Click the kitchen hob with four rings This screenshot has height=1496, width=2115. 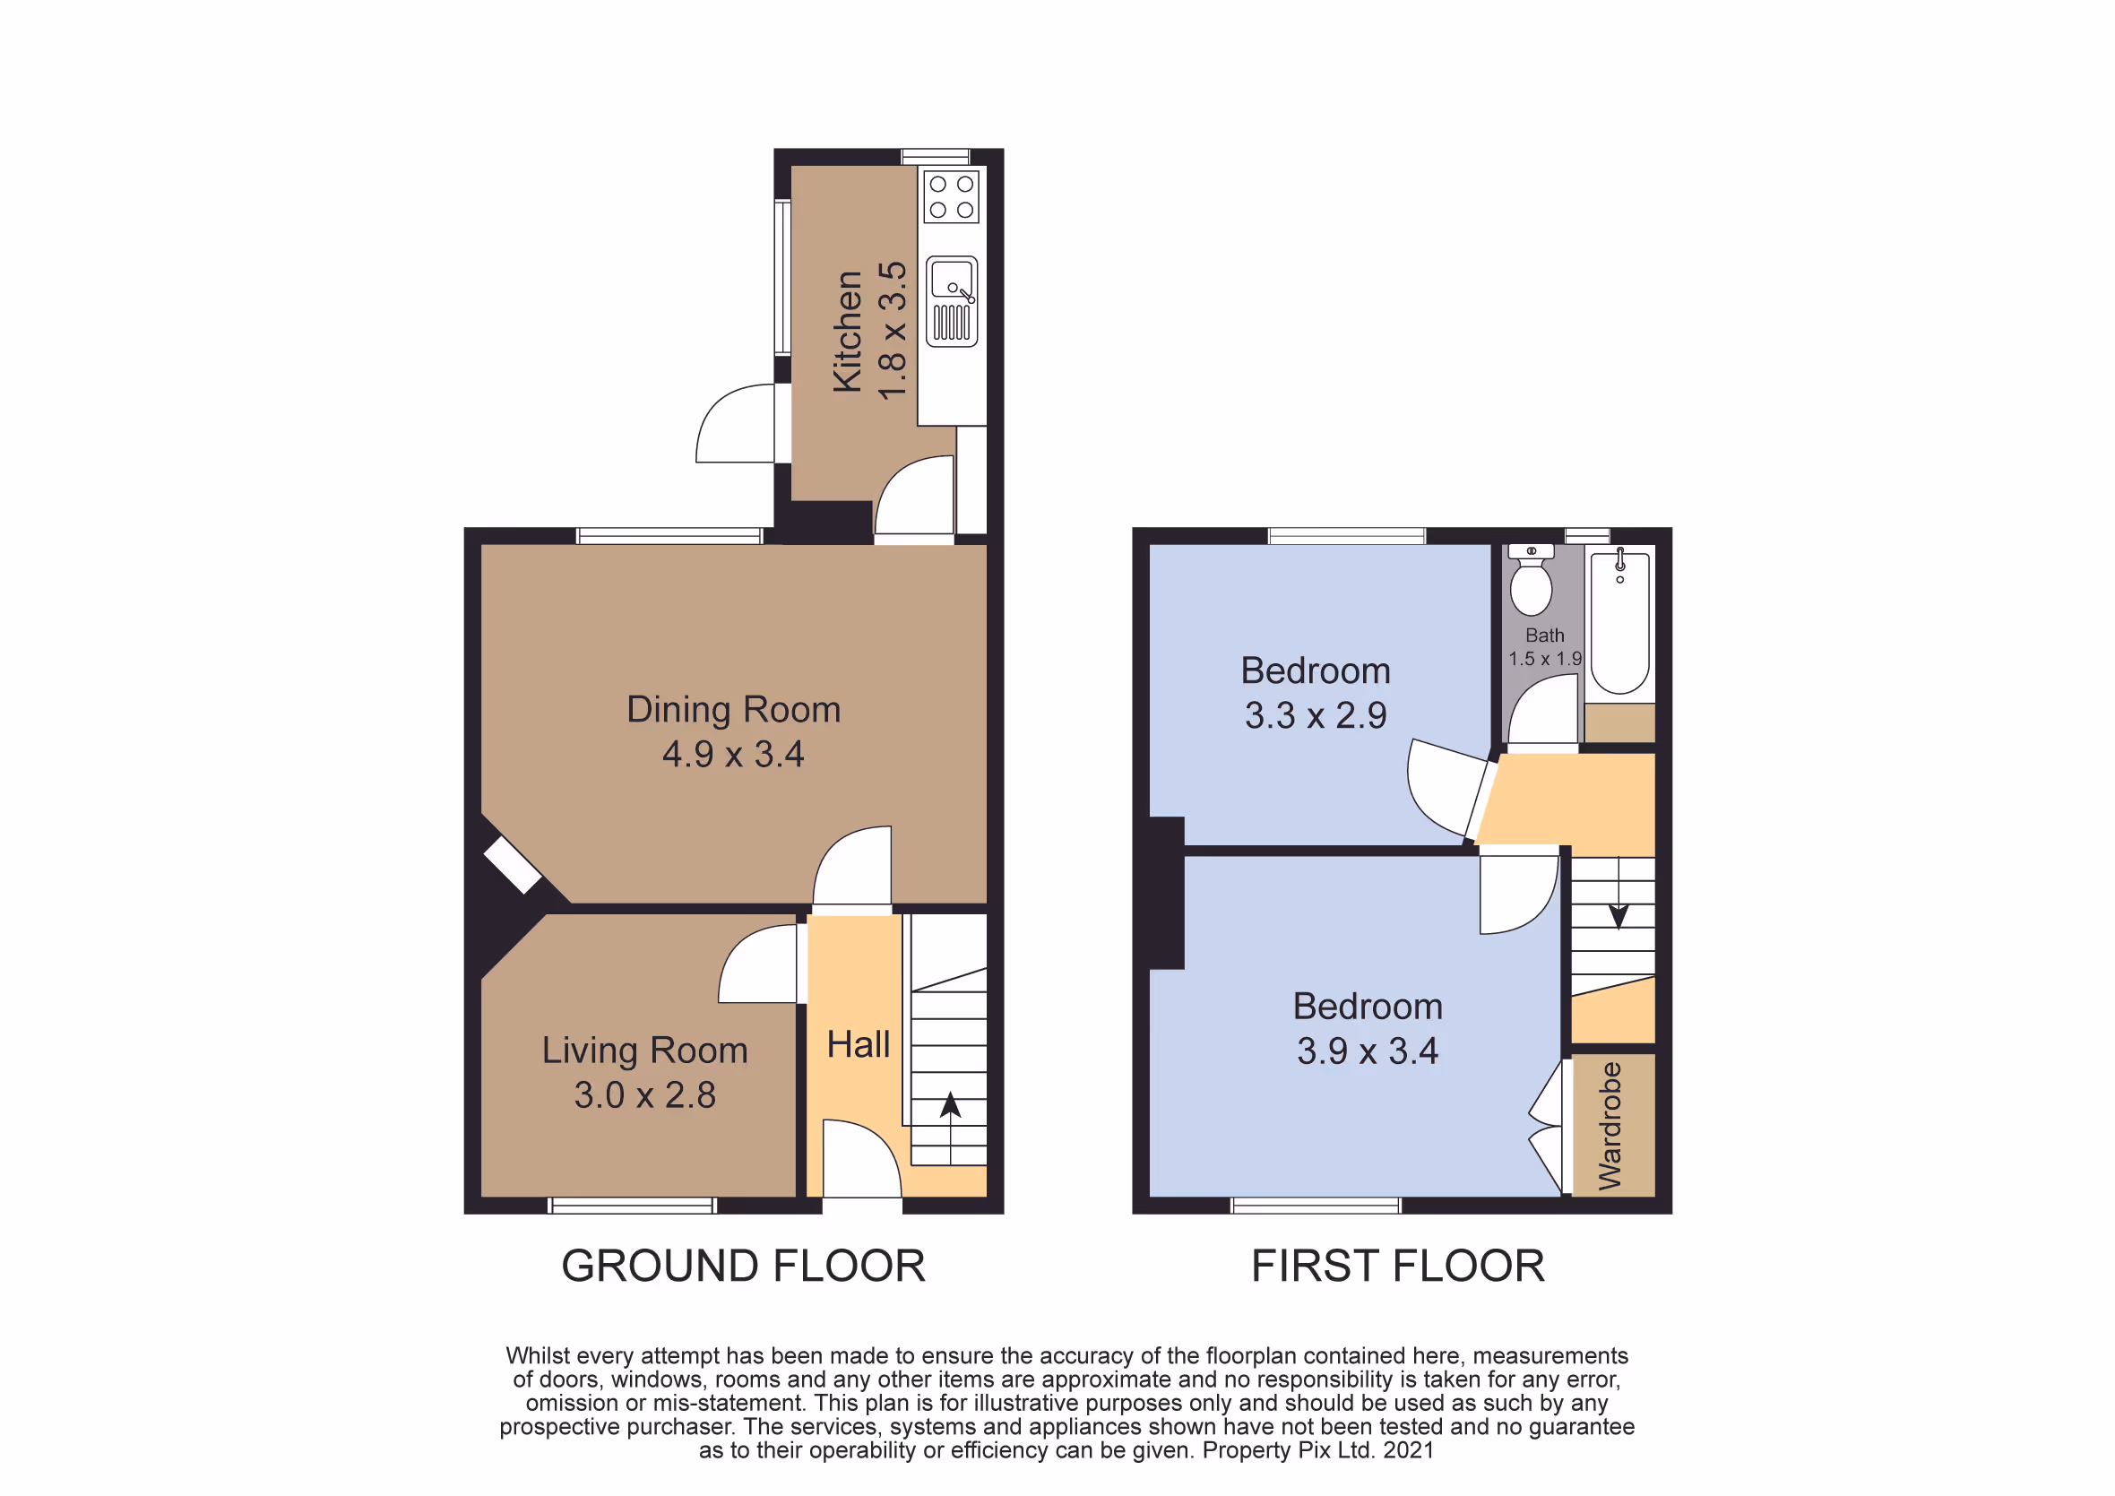952,197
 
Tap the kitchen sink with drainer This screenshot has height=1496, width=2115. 952,301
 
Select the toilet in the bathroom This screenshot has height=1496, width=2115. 1531,579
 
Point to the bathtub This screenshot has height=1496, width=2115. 1620,624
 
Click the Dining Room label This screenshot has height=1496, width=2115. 733,709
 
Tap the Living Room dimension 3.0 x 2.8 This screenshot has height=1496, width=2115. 645,1095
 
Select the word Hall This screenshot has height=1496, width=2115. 859,1044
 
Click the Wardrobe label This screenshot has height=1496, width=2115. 1610,1126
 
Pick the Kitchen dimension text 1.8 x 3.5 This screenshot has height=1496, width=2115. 893,331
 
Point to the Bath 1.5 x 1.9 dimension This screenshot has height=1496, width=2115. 1545,659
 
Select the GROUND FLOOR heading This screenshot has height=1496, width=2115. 743,1266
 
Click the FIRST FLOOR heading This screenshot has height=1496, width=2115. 1397,1266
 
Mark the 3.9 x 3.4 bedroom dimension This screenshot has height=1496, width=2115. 1368,1051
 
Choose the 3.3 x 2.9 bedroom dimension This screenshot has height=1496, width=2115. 1316,716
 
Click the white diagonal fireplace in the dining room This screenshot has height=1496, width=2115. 512,865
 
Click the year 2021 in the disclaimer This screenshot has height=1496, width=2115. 1409,1451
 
